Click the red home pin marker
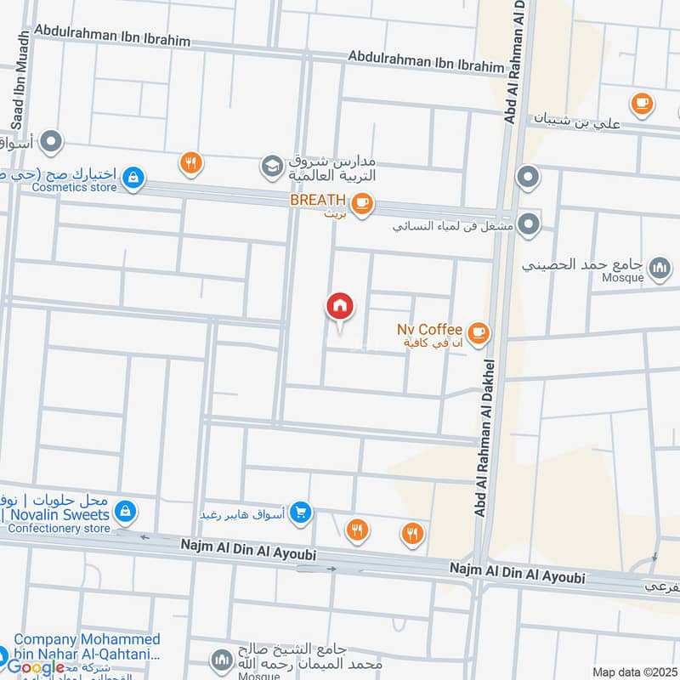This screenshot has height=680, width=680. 340,307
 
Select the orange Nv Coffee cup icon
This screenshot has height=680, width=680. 479,332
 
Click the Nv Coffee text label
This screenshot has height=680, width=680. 429,329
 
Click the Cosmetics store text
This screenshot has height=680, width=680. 74,187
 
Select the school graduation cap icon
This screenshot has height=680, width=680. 272,166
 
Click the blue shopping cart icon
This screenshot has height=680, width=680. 300,513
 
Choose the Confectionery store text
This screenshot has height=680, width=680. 59,528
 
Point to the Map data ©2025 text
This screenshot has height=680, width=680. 633,672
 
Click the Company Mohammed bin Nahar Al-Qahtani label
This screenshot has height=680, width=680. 84,647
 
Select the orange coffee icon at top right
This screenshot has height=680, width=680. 642,104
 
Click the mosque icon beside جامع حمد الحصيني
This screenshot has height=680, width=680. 659,269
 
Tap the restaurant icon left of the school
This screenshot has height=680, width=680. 191,162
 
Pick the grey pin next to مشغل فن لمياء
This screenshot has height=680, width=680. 529,224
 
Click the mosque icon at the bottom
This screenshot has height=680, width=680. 221,660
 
